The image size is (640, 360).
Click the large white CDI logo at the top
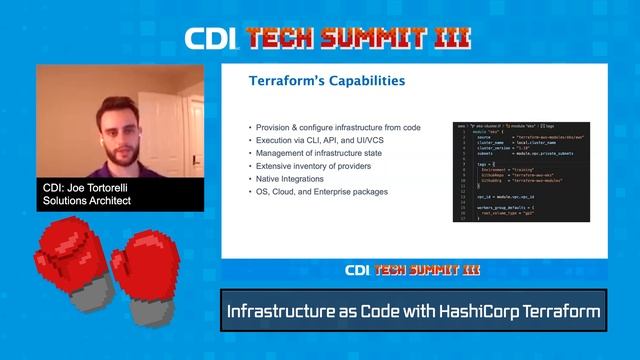coord(210,39)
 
